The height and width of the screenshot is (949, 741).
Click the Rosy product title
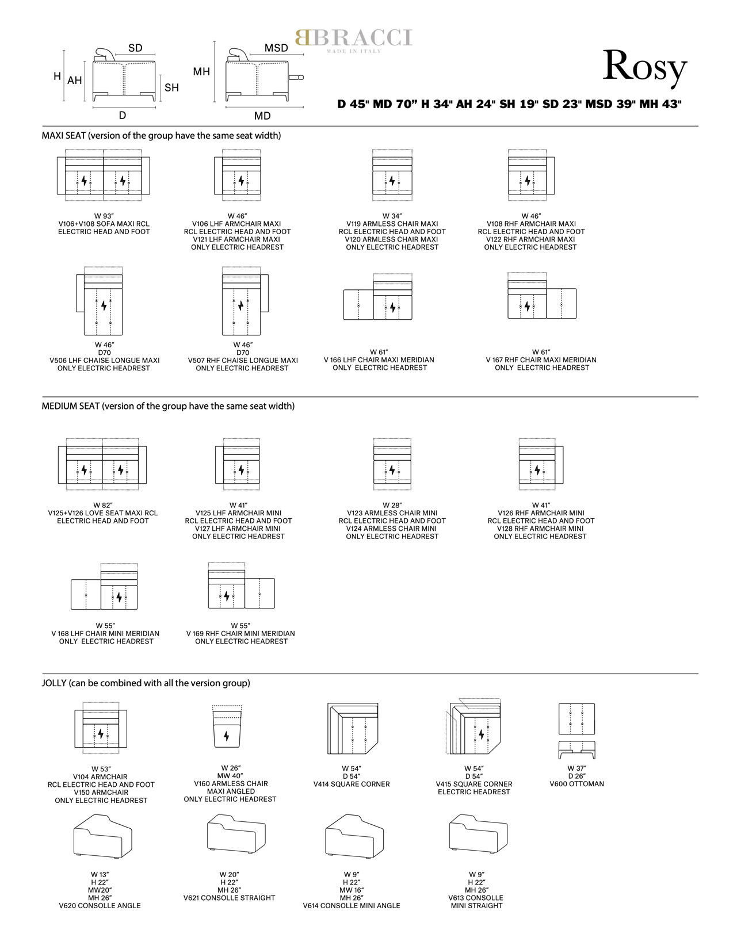[644, 67]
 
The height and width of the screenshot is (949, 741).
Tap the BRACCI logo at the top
[354, 40]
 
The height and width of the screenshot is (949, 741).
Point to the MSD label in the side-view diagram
[276, 48]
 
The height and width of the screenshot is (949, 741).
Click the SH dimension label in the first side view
[171, 87]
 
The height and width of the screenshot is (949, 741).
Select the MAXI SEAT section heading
[161, 135]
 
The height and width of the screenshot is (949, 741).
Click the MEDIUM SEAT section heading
[168, 405]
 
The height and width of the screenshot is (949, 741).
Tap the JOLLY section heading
[146, 683]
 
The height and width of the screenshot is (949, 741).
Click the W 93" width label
[104, 216]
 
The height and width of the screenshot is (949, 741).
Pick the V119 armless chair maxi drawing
[392, 175]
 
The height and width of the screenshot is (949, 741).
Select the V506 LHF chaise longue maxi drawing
[100, 301]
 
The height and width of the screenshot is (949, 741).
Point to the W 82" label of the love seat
[103, 505]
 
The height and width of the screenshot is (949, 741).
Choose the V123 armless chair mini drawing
[392, 464]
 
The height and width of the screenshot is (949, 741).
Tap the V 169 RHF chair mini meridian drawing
[242, 585]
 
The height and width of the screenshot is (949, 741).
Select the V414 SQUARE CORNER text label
[352, 784]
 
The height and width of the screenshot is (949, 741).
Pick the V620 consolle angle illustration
[102, 836]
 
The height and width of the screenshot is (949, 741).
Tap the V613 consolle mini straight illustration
[478, 833]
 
